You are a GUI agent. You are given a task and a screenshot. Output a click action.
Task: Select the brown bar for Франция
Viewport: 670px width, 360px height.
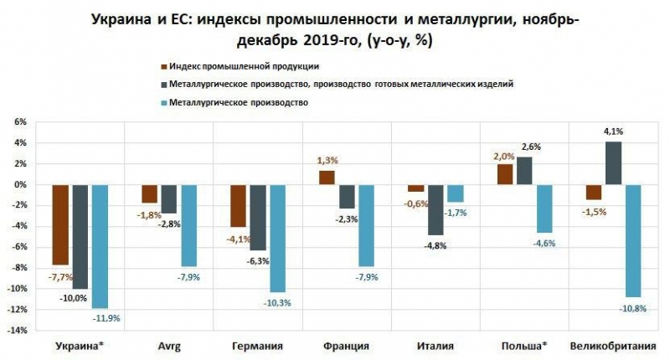pos(327,177)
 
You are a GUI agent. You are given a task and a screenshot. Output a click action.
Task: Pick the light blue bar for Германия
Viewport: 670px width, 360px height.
pos(278,238)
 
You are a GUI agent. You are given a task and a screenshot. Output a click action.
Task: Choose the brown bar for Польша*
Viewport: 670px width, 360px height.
pos(504,174)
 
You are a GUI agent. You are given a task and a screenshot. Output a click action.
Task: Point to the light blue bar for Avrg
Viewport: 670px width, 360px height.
pos(189,225)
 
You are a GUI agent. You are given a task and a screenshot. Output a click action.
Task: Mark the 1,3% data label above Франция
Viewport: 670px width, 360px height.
pos(327,160)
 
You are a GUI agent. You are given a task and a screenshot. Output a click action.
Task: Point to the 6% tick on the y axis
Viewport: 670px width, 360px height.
pos(20,122)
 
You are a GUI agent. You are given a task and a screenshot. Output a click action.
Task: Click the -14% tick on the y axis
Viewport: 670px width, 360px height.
pos(17,331)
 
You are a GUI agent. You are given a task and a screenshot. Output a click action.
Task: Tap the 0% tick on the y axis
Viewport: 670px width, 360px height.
pos(20,185)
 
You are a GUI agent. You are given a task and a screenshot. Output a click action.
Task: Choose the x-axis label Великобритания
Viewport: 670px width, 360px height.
pos(612,346)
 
